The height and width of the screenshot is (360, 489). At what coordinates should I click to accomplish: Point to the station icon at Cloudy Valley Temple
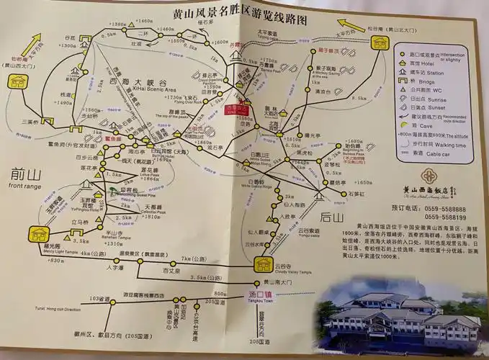tap(264, 264)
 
